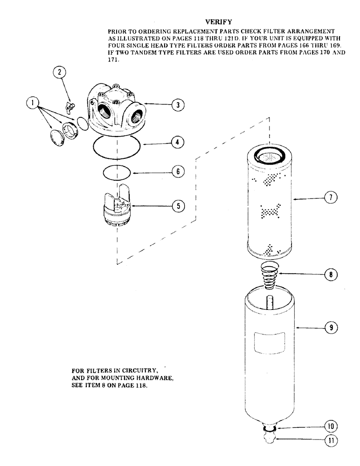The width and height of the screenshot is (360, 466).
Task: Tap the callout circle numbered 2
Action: tap(59, 72)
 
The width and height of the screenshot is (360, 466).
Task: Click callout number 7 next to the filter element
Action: tap(330, 198)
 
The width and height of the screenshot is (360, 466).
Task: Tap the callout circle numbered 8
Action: tap(330, 275)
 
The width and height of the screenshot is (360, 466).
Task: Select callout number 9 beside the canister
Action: tap(330, 328)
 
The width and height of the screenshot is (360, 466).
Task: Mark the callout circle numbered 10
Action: tap(330, 426)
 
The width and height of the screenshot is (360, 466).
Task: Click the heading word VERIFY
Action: tap(215, 21)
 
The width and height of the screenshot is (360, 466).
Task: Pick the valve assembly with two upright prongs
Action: tap(116, 206)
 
